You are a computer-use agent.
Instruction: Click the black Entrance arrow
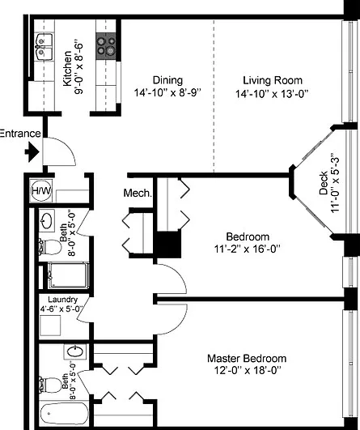(32, 152)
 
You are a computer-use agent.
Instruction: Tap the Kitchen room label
(67, 68)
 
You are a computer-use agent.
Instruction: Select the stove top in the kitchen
(106, 46)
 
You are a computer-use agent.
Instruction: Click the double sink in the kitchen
(44, 47)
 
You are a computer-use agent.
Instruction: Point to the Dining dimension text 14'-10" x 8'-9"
(167, 92)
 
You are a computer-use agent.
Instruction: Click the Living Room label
(273, 80)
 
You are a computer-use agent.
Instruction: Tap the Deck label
(324, 183)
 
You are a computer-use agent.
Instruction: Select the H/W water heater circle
(41, 190)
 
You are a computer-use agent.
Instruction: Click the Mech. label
(138, 193)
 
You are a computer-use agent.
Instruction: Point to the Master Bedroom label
(247, 359)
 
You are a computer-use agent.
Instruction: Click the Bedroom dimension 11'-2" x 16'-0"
(247, 249)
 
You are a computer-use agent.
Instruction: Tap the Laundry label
(63, 299)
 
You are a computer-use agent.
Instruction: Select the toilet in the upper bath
(50, 247)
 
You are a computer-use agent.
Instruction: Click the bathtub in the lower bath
(65, 414)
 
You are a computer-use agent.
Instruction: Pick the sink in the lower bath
(74, 351)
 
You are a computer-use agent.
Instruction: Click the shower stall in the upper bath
(68, 275)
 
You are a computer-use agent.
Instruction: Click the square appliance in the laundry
(50, 326)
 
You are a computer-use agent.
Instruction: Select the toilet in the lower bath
(50, 385)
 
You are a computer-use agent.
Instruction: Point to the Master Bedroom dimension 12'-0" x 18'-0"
(248, 371)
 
